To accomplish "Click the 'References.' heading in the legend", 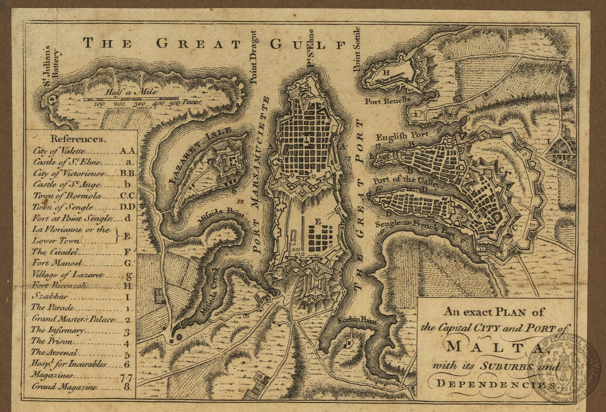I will point(77,138).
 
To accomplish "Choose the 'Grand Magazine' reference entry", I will point(64,387).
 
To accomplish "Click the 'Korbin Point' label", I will point(343,319).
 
